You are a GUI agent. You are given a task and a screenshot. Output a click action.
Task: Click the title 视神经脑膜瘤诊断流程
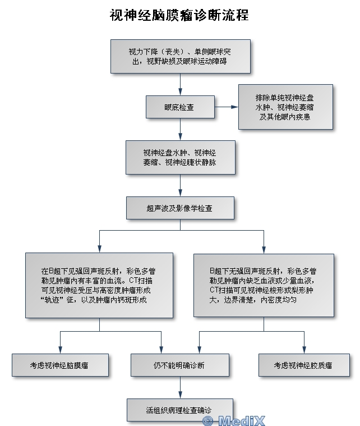(179, 15)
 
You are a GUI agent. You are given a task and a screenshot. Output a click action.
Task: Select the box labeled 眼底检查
(180, 107)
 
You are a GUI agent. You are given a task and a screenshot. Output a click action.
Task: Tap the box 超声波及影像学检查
(180, 208)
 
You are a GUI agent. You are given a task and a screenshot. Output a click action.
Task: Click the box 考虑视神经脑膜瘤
(60, 365)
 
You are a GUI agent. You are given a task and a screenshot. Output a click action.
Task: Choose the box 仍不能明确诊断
(180, 365)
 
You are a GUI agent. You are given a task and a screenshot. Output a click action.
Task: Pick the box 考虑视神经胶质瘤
(304, 365)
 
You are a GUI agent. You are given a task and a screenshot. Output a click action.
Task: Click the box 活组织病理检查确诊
(180, 410)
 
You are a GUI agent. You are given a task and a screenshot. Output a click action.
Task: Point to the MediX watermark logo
(234, 421)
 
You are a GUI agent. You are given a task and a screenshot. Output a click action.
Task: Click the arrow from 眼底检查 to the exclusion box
(227, 107)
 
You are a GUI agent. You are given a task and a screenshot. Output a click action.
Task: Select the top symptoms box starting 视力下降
(180, 56)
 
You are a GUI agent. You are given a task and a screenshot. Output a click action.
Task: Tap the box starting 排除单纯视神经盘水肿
(285, 107)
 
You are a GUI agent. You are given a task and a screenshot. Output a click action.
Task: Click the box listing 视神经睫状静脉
(180, 157)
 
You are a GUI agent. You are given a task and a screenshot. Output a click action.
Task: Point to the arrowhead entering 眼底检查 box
(180, 91)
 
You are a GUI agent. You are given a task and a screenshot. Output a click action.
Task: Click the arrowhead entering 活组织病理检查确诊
(180, 395)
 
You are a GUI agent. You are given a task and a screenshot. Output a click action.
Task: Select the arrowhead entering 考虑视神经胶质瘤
(304, 350)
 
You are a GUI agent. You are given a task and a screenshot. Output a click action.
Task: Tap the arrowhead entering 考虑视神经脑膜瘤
(60, 350)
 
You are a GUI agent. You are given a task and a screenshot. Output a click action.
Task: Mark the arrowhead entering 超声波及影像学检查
(180, 193)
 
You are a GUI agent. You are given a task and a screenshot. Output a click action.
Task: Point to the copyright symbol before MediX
(208, 421)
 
